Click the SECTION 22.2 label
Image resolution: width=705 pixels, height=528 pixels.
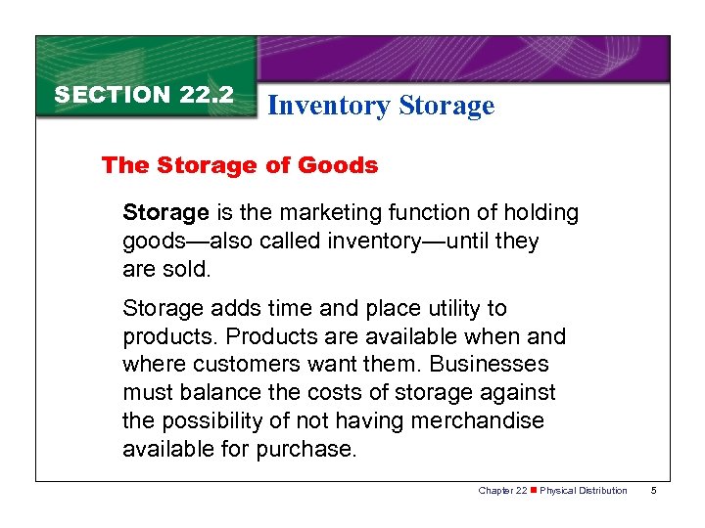(144, 95)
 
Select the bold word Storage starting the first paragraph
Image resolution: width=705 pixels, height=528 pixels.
(165, 212)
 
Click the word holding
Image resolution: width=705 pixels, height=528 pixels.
(540, 212)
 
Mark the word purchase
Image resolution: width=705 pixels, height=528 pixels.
(306, 450)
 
